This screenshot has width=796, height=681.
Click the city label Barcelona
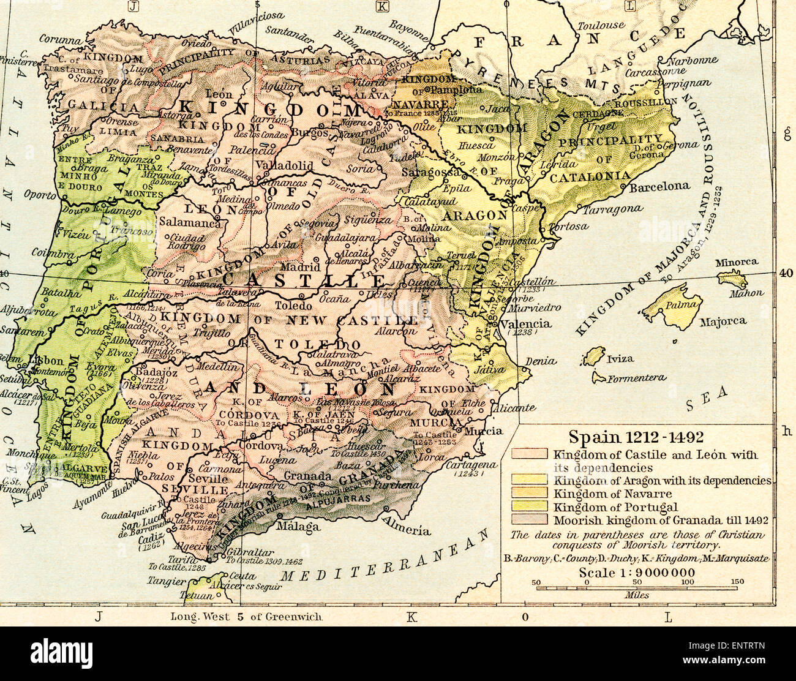coord(659,186)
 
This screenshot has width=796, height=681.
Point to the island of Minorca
coord(732,279)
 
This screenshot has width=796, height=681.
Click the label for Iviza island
coord(620,359)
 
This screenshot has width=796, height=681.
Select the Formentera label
coord(637,378)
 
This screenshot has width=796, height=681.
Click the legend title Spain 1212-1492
coord(636,437)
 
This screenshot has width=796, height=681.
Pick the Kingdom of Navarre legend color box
coord(530,494)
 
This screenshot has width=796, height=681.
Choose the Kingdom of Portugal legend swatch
coord(530,506)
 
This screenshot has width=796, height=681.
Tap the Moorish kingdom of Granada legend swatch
coord(530,520)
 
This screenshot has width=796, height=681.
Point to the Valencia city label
coord(525,324)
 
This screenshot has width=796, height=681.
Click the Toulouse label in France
coord(601,26)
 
